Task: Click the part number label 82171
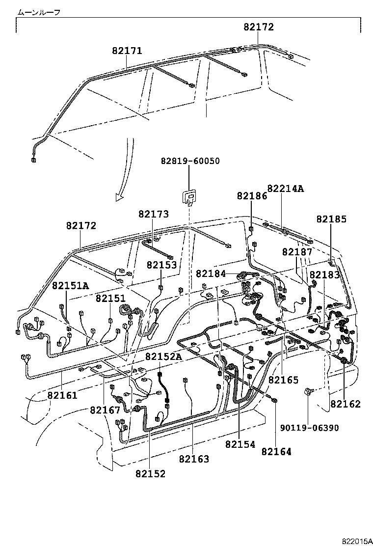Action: (x=127, y=51)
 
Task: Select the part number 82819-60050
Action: (x=190, y=161)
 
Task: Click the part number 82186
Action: (x=252, y=195)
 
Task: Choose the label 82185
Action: (x=331, y=219)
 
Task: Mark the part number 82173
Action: (x=153, y=214)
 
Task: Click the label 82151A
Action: (x=71, y=286)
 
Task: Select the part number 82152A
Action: (x=163, y=356)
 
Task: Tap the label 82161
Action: (x=62, y=394)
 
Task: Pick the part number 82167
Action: (x=105, y=410)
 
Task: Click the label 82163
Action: (x=194, y=459)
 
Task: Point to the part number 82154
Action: (x=240, y=444)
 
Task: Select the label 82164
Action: (x=276, y=452)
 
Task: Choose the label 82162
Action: (x=345, y=404)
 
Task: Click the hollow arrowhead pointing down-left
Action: (x=120, y=196)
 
